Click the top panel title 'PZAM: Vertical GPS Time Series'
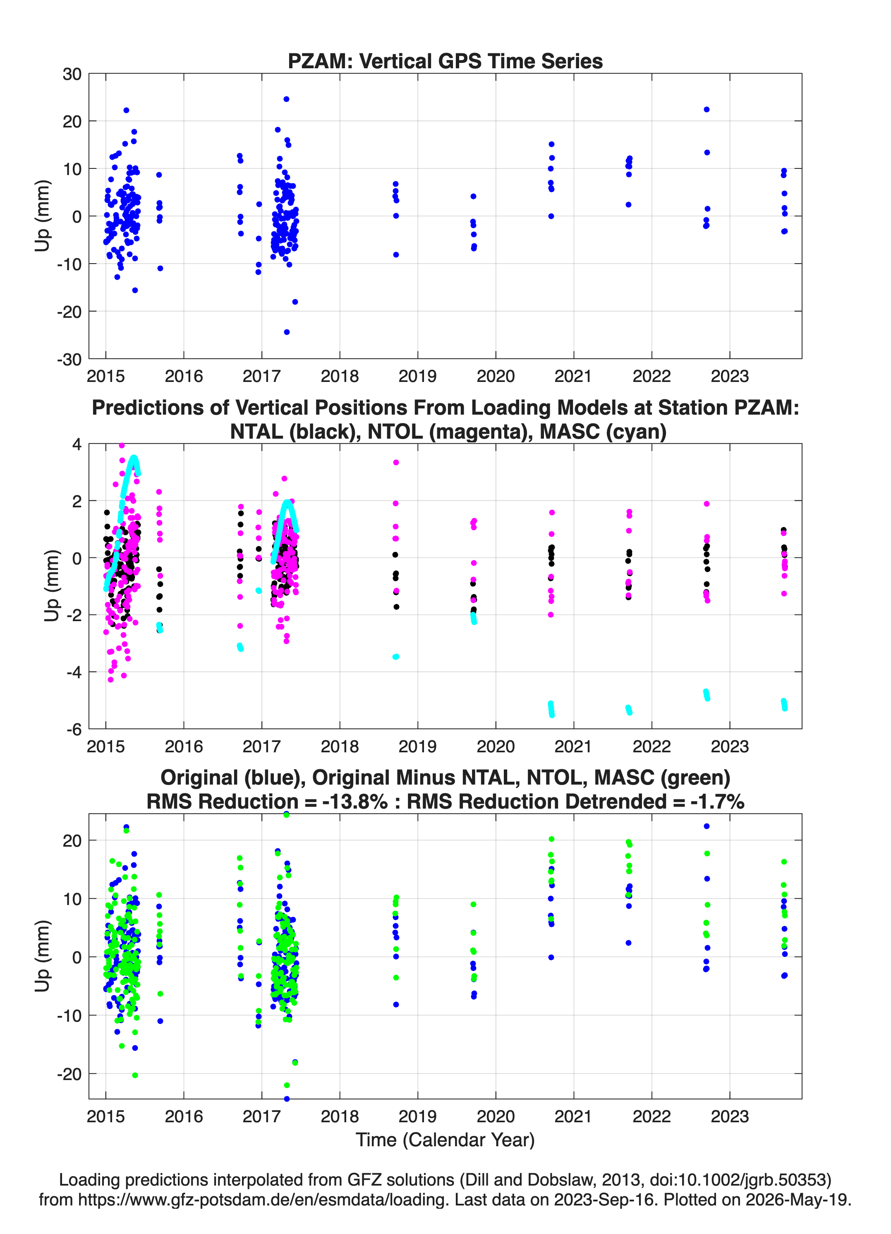445,61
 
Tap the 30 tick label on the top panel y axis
72,74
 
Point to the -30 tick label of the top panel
69,360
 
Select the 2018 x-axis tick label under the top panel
340,376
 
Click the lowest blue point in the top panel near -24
287,332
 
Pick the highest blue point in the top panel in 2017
286,99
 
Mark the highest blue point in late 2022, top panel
707,109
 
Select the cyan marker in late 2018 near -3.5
396,657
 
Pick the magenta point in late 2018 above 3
396,463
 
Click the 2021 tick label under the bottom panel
573,1116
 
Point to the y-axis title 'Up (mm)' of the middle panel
51,586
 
